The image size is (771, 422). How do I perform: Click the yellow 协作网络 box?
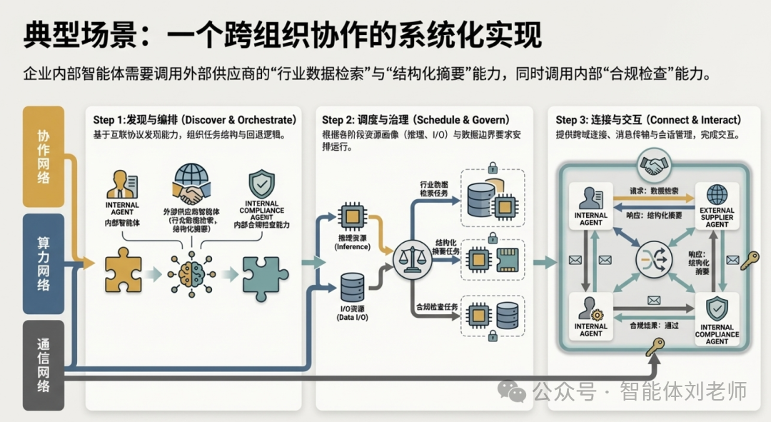[44, 156]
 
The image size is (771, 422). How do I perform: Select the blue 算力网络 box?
[44, 263]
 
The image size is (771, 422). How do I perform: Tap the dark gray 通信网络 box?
[44, 365]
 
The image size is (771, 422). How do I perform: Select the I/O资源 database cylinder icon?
[352, 288]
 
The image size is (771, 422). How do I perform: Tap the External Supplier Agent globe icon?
[717, 194]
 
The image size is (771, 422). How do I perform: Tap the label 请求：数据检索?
[655, 193]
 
